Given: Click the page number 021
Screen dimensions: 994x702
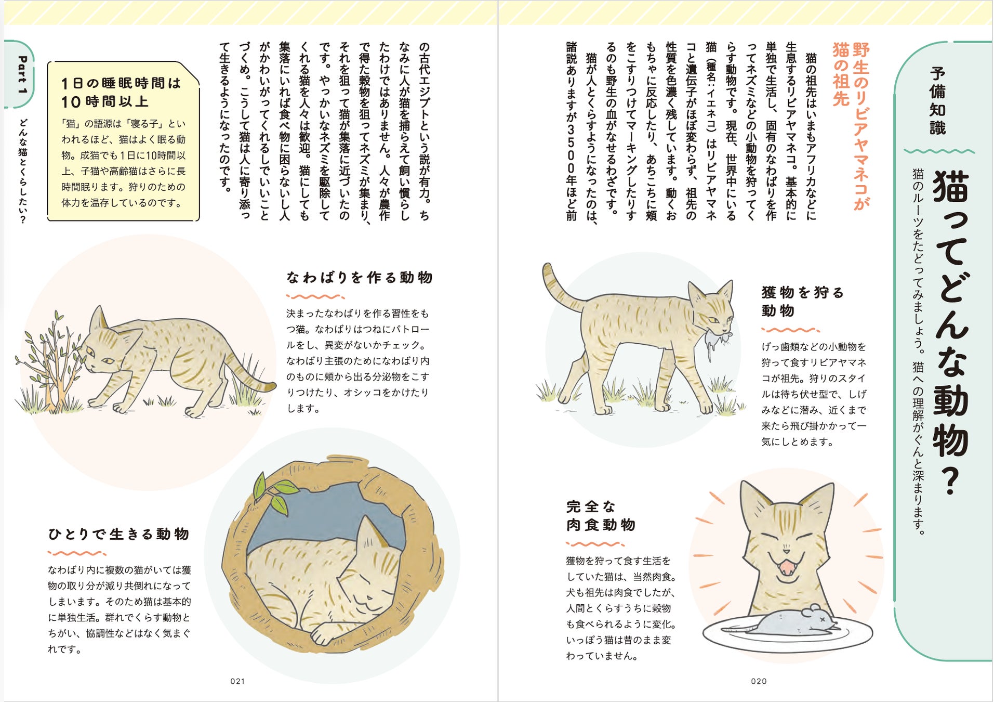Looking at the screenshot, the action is [x=237, y=681].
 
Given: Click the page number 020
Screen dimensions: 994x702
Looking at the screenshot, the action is [x=759, y=681].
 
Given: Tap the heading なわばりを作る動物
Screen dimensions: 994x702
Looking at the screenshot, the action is [x=359, y=278].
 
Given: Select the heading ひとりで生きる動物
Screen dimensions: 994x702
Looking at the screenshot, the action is [x=119, y=534].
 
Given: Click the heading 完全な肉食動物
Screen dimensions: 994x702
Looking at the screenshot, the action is [x=601, y=516].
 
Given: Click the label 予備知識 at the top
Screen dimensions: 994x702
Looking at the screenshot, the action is [x=937, y=101].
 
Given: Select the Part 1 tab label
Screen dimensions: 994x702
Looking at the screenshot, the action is [x=22, y=75].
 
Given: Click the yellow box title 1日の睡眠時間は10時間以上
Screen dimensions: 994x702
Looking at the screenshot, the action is [x=121, y=92].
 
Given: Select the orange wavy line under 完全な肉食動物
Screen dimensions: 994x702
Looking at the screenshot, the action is [x=595, y=544].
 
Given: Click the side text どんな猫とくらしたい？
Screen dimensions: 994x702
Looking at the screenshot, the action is [x=22, y=171].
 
